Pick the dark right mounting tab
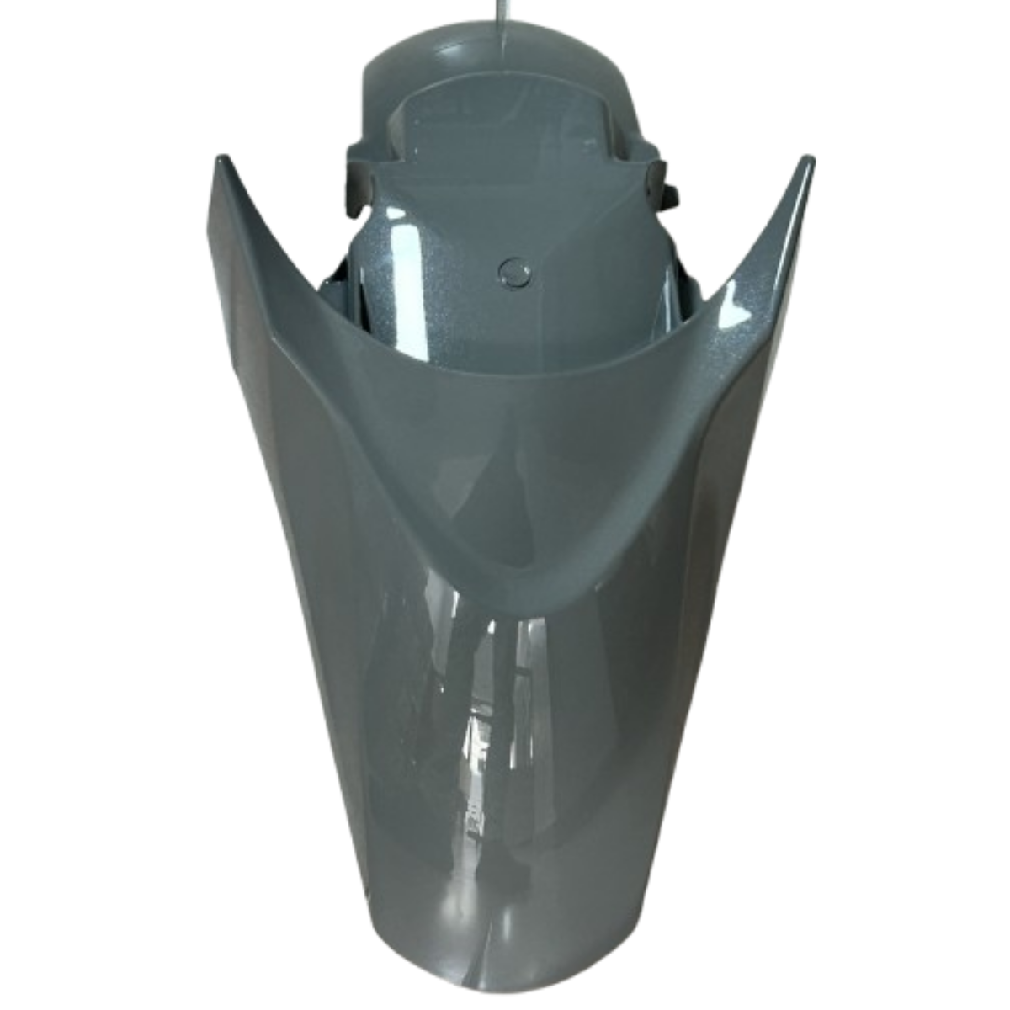(x=665, y=180)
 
